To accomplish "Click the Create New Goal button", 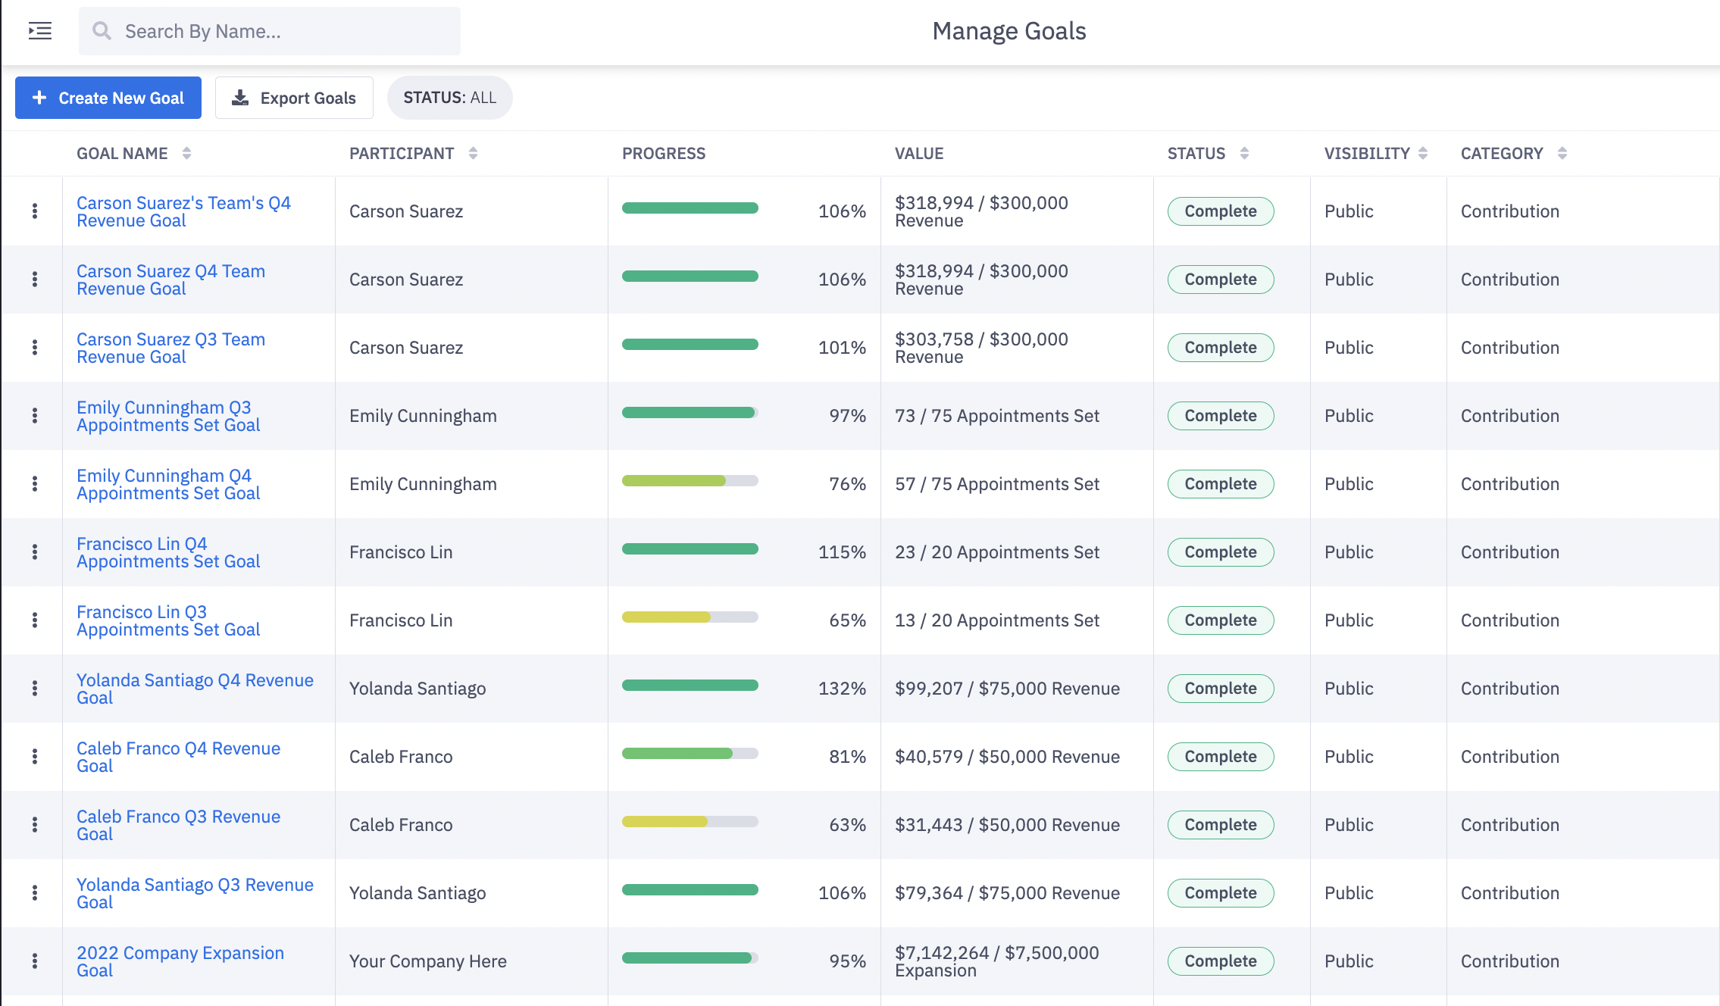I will click(x=108, y=98).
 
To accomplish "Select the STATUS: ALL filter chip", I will click(x=449, y=98).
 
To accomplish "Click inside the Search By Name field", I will click(x=280, y=31).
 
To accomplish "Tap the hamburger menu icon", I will click(x=40, y=31).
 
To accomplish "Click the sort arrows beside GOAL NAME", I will click(x=186, y=153).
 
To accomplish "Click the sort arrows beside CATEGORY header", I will click(x=1562, y=153).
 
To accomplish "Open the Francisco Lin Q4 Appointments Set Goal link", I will click(x=167, y=552).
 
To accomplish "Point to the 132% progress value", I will click(x=841, y=689).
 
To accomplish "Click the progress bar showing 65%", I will click(x=690, y=617).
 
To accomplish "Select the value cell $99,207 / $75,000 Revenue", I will click(x=1006, y=689).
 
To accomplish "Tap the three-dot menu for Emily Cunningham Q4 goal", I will click(x=35, y=484).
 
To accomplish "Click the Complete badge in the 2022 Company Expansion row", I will click(x=1220, y=961).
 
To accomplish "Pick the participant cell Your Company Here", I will click(x=427, y=961).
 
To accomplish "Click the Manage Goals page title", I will click(x=1009, y=31).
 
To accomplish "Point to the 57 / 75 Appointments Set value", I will click(x=996, y=484).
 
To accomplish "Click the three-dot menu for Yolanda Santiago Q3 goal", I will click(x=35, y=893).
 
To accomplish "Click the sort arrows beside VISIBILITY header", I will click(x=1422, y=153).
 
